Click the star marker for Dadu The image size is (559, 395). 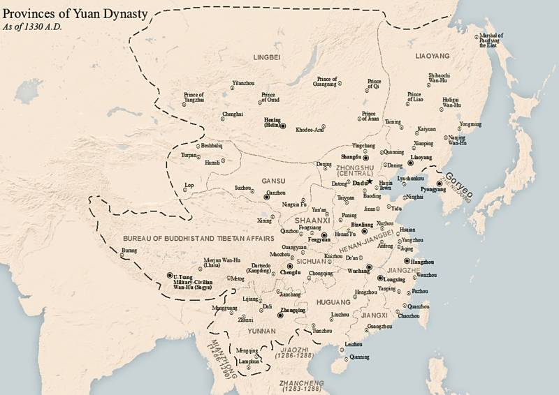(370, 181)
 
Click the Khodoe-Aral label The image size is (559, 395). (310, 130)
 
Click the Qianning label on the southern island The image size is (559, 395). (359, 356)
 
